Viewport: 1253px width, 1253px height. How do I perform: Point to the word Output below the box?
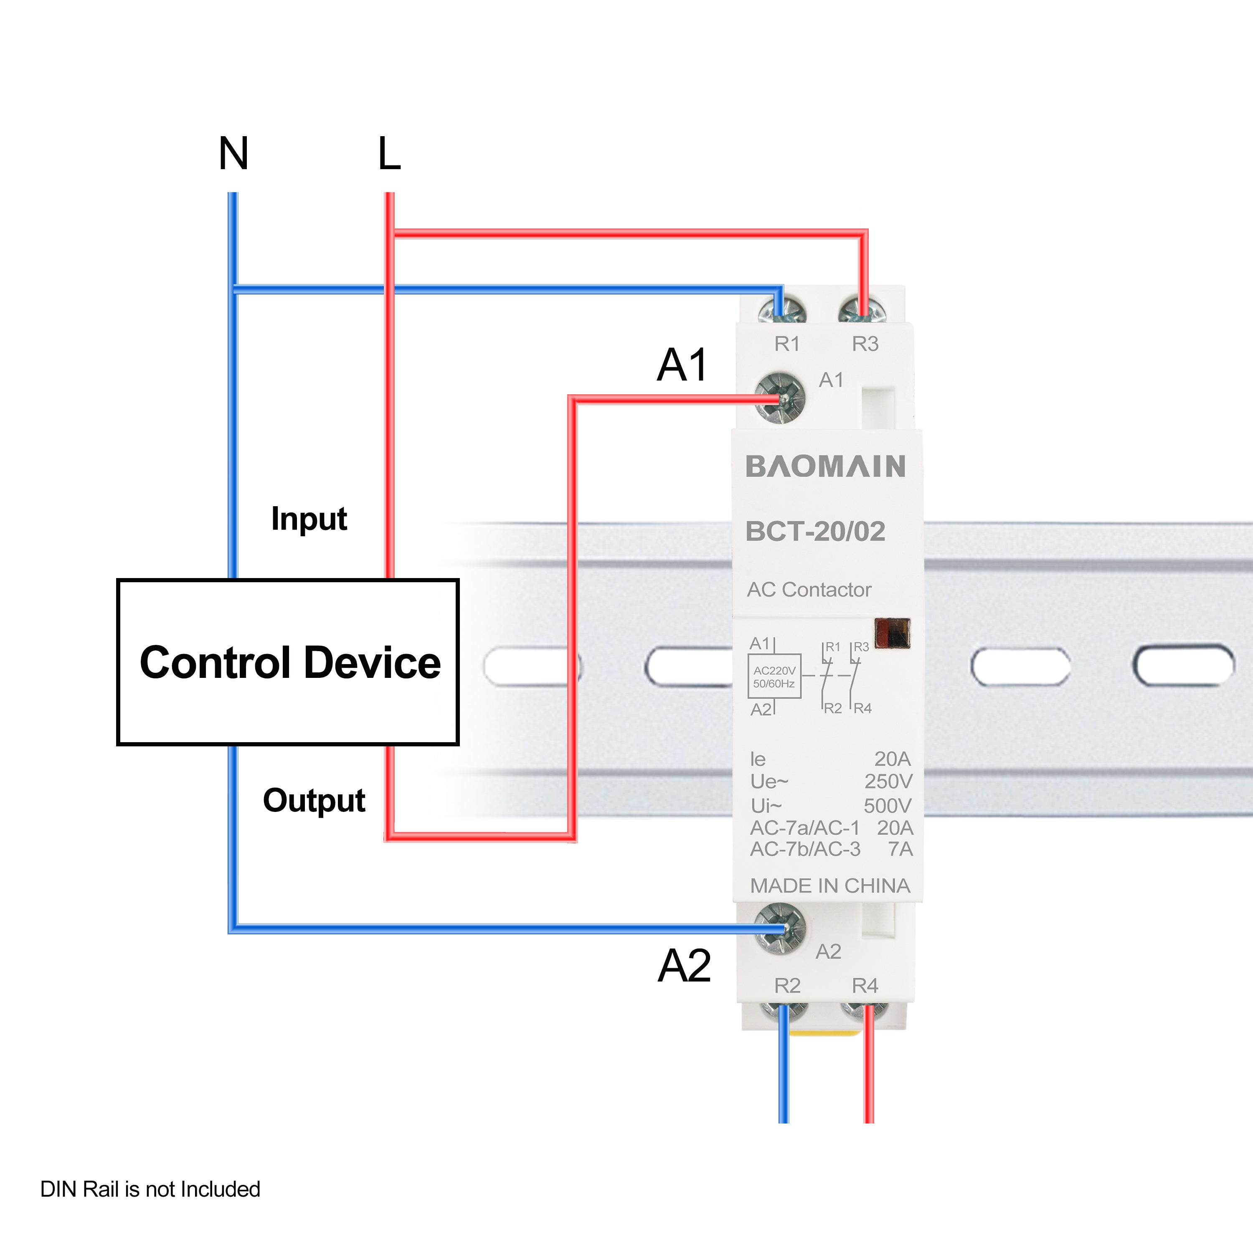pos(314,800)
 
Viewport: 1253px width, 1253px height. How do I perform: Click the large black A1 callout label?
pos(682,365)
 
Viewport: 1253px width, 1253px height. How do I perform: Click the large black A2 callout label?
pos(684,966)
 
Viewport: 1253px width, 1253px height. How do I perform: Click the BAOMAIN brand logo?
pos(825,466)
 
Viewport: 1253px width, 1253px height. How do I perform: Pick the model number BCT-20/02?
pos(815,531)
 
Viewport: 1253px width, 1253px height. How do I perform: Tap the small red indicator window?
pos(893,634)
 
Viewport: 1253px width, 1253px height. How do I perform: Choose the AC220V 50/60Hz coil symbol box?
pos(774,677)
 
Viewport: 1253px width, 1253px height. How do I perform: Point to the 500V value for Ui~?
pos(887,806)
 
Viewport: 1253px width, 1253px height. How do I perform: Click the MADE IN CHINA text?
pos(829,885)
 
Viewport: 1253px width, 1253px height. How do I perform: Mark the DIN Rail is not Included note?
pos(150,1189)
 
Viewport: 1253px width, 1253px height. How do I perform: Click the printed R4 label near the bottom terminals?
pos(865,985)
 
